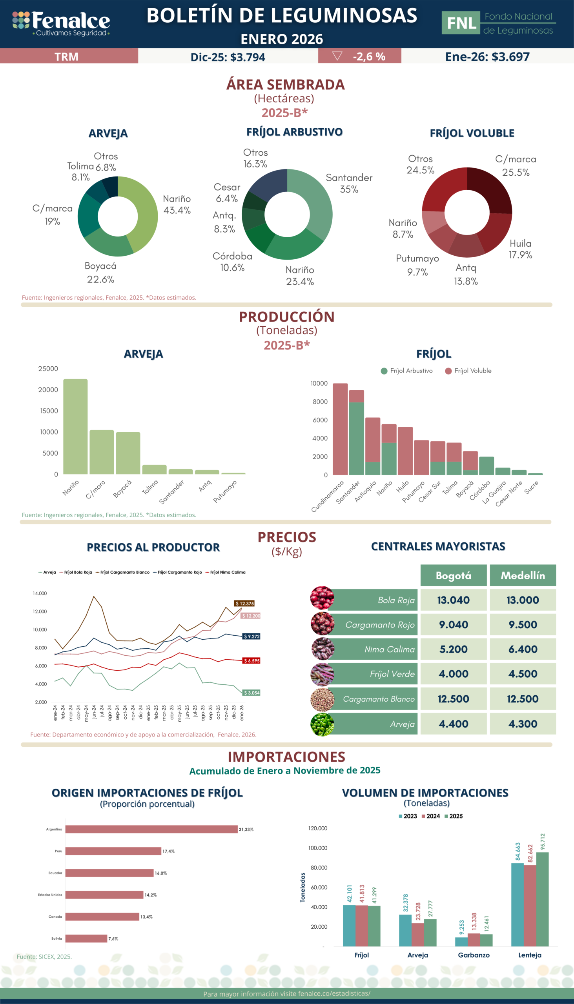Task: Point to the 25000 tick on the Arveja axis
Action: (x=48, y=368)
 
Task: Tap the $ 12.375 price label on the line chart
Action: (x=244, y=603)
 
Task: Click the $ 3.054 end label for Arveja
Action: (x=251, y=693)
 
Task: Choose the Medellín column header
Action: (x=523, y=576)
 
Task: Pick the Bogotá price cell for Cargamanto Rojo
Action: (x=454, y=624)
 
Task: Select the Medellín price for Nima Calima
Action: (x=523, y=649)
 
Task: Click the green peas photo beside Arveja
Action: (x=322, y=724)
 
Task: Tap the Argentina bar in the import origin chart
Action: (x=151, y=829)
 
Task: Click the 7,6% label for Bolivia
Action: (x=113, y=939)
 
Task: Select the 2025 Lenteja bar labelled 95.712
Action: (x=542, y=900)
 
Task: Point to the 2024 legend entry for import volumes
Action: (x=430, y=816)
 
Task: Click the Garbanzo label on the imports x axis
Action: (x=474, y=955)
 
